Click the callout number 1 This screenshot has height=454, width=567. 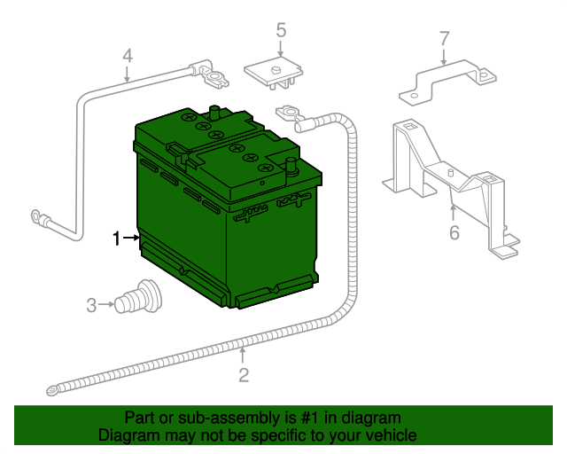tap(115, 238)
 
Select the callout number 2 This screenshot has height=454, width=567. tap(244, 375)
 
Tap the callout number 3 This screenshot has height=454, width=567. tap(91, 306)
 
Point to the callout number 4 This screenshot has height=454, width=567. tap(128, 56)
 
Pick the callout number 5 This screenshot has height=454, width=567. tap(281, 31)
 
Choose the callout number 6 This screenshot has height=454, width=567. tap(454, 233)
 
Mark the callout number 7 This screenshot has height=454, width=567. tap(445, 38)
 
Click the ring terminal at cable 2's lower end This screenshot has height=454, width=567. tap(53, 388)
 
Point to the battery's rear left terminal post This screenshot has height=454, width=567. tap(214, 113)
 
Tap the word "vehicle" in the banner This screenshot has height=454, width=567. tap(390, 435)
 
